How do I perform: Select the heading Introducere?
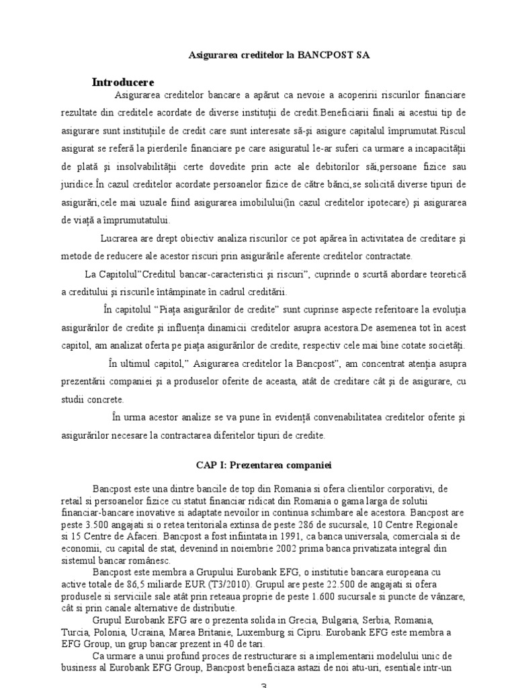click(x=123, y=82)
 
